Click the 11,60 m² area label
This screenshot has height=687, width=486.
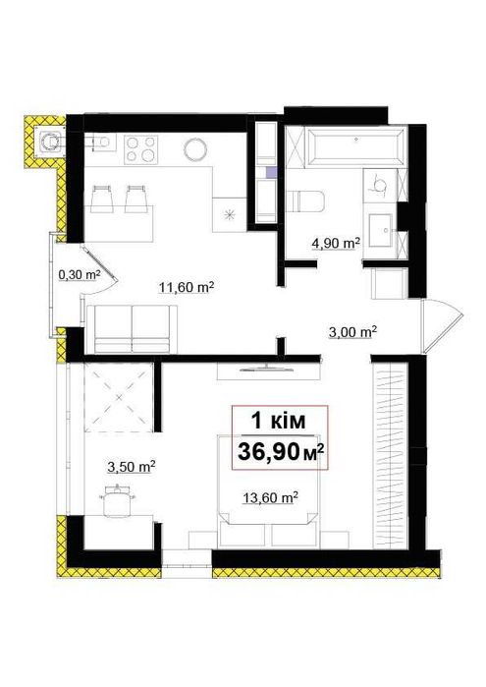(187, 288)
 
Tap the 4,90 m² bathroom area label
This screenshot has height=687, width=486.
(336, 243)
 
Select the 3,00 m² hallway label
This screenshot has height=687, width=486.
(352, 332)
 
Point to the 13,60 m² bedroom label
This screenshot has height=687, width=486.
(271, 497)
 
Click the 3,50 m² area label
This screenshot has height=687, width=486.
(132, 467)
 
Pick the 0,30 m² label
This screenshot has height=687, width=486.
(80, 275)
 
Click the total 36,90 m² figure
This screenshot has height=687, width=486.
(281, 452)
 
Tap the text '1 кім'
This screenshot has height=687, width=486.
(278, 421)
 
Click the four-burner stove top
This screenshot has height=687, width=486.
(140, 149)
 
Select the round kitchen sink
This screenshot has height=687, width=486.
(194, 149)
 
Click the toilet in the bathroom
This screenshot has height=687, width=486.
(305, 201)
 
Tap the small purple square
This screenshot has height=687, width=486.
(271, 172)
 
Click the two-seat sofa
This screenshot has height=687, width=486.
(133, 329)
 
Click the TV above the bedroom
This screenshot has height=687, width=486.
(267, 368)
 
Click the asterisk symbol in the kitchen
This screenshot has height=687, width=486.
(229, 214)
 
